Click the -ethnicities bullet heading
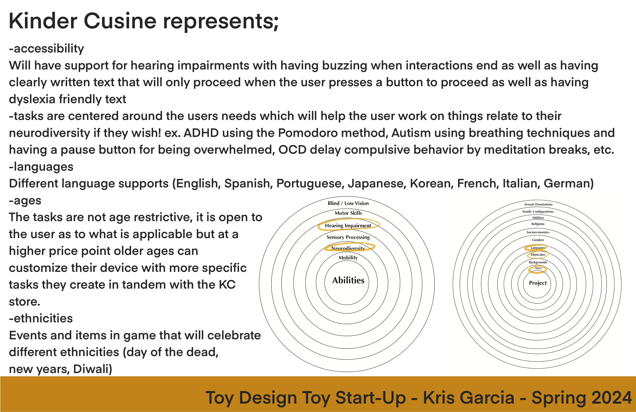(41, 318)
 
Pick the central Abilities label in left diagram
(348, 280)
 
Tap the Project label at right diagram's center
(538, 283)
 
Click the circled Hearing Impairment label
(348, 226)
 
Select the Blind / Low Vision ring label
(348, 203)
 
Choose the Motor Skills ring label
(348, 213)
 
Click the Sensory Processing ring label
(348, 237)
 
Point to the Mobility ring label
(348, 258)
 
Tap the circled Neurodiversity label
(348, 248)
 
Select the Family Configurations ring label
(538, 211)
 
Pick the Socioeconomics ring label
(538, 232)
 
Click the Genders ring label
(538, 240)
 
